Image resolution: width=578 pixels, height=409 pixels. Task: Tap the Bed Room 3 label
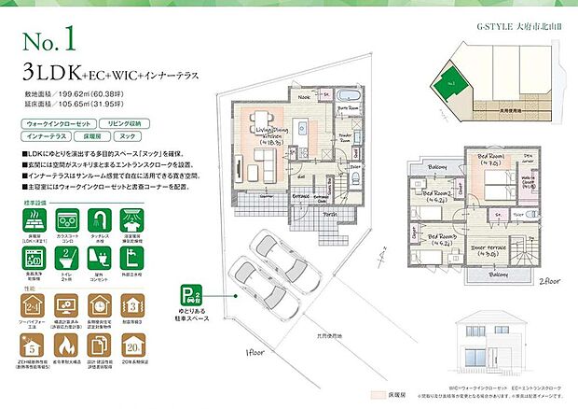pos(439,237)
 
